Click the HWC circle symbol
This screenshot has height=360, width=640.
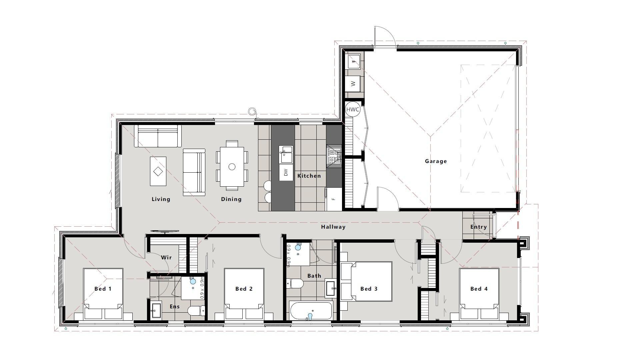pyautogui.click(x=353, y=109)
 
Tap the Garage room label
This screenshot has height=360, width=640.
pyautogui.click(x=436, y=161)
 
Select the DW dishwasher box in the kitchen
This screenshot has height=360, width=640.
pyautogui.click(x=286, y=172)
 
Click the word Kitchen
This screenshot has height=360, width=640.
pyautogui.click(x=309, y=176)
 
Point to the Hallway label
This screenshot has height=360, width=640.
pyautogui.click(x=333, y=227)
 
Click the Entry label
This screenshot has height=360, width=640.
pyautogui.click(x=479, y=227)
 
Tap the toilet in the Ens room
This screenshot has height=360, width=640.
pyautogui.click(x=196, y=311)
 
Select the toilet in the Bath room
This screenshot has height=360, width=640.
pyautogui.click(x=295, y=284)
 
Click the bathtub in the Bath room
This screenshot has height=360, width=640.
pyautogui.click(x=311, y=311)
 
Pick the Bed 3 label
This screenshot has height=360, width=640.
pyautogui.click(x=369, y=289)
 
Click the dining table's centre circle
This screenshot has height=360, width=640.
pyautogui.click(x=232, y=167)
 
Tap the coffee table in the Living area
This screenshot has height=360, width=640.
pyautogui.click(x=158, y=171)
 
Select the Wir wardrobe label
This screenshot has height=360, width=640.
pyautogui.click(x=166, y=257)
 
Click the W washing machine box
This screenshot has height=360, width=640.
pyautogui.click(x=353, y=83)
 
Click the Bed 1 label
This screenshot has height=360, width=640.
pyautogui.click(x=103, y=289)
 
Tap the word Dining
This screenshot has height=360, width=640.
pyautogui.click(x=231, y=199)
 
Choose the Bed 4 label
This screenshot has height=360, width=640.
pyautogui.click(x=479, y=289)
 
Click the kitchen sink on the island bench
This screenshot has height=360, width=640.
pyautogui.click(x=286, y=155)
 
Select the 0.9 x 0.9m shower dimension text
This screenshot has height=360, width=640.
pyautogui.click(x=202, y=288)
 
